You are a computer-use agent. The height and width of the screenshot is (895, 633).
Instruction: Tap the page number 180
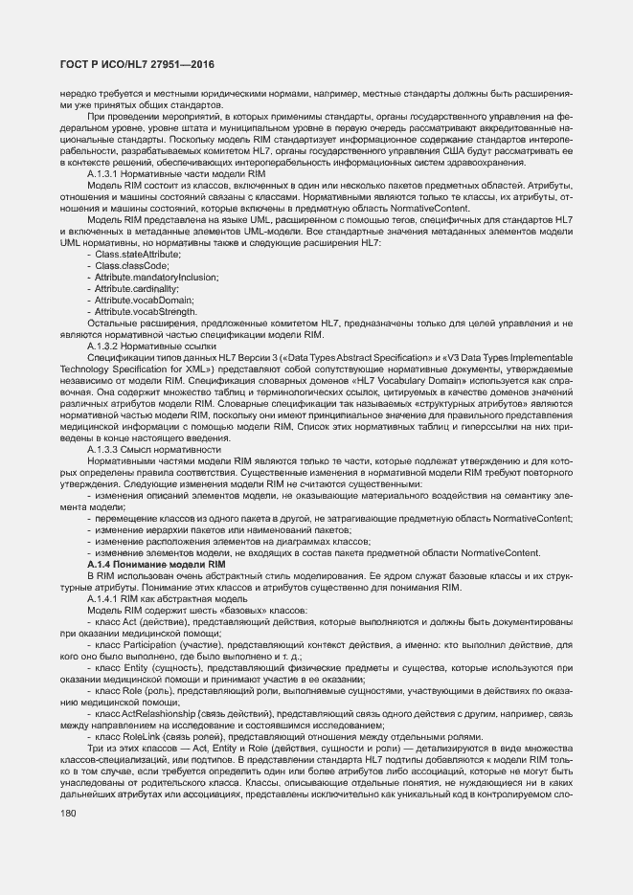click(68, 813)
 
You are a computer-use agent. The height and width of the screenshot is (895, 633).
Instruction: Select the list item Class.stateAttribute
click(137, 254)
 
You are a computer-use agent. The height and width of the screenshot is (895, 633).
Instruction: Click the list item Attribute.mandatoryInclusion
click(156, 277)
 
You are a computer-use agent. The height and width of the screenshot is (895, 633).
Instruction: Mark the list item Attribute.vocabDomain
click(145, 300)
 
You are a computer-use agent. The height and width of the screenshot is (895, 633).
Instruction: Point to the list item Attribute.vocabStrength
click(147, 311)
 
